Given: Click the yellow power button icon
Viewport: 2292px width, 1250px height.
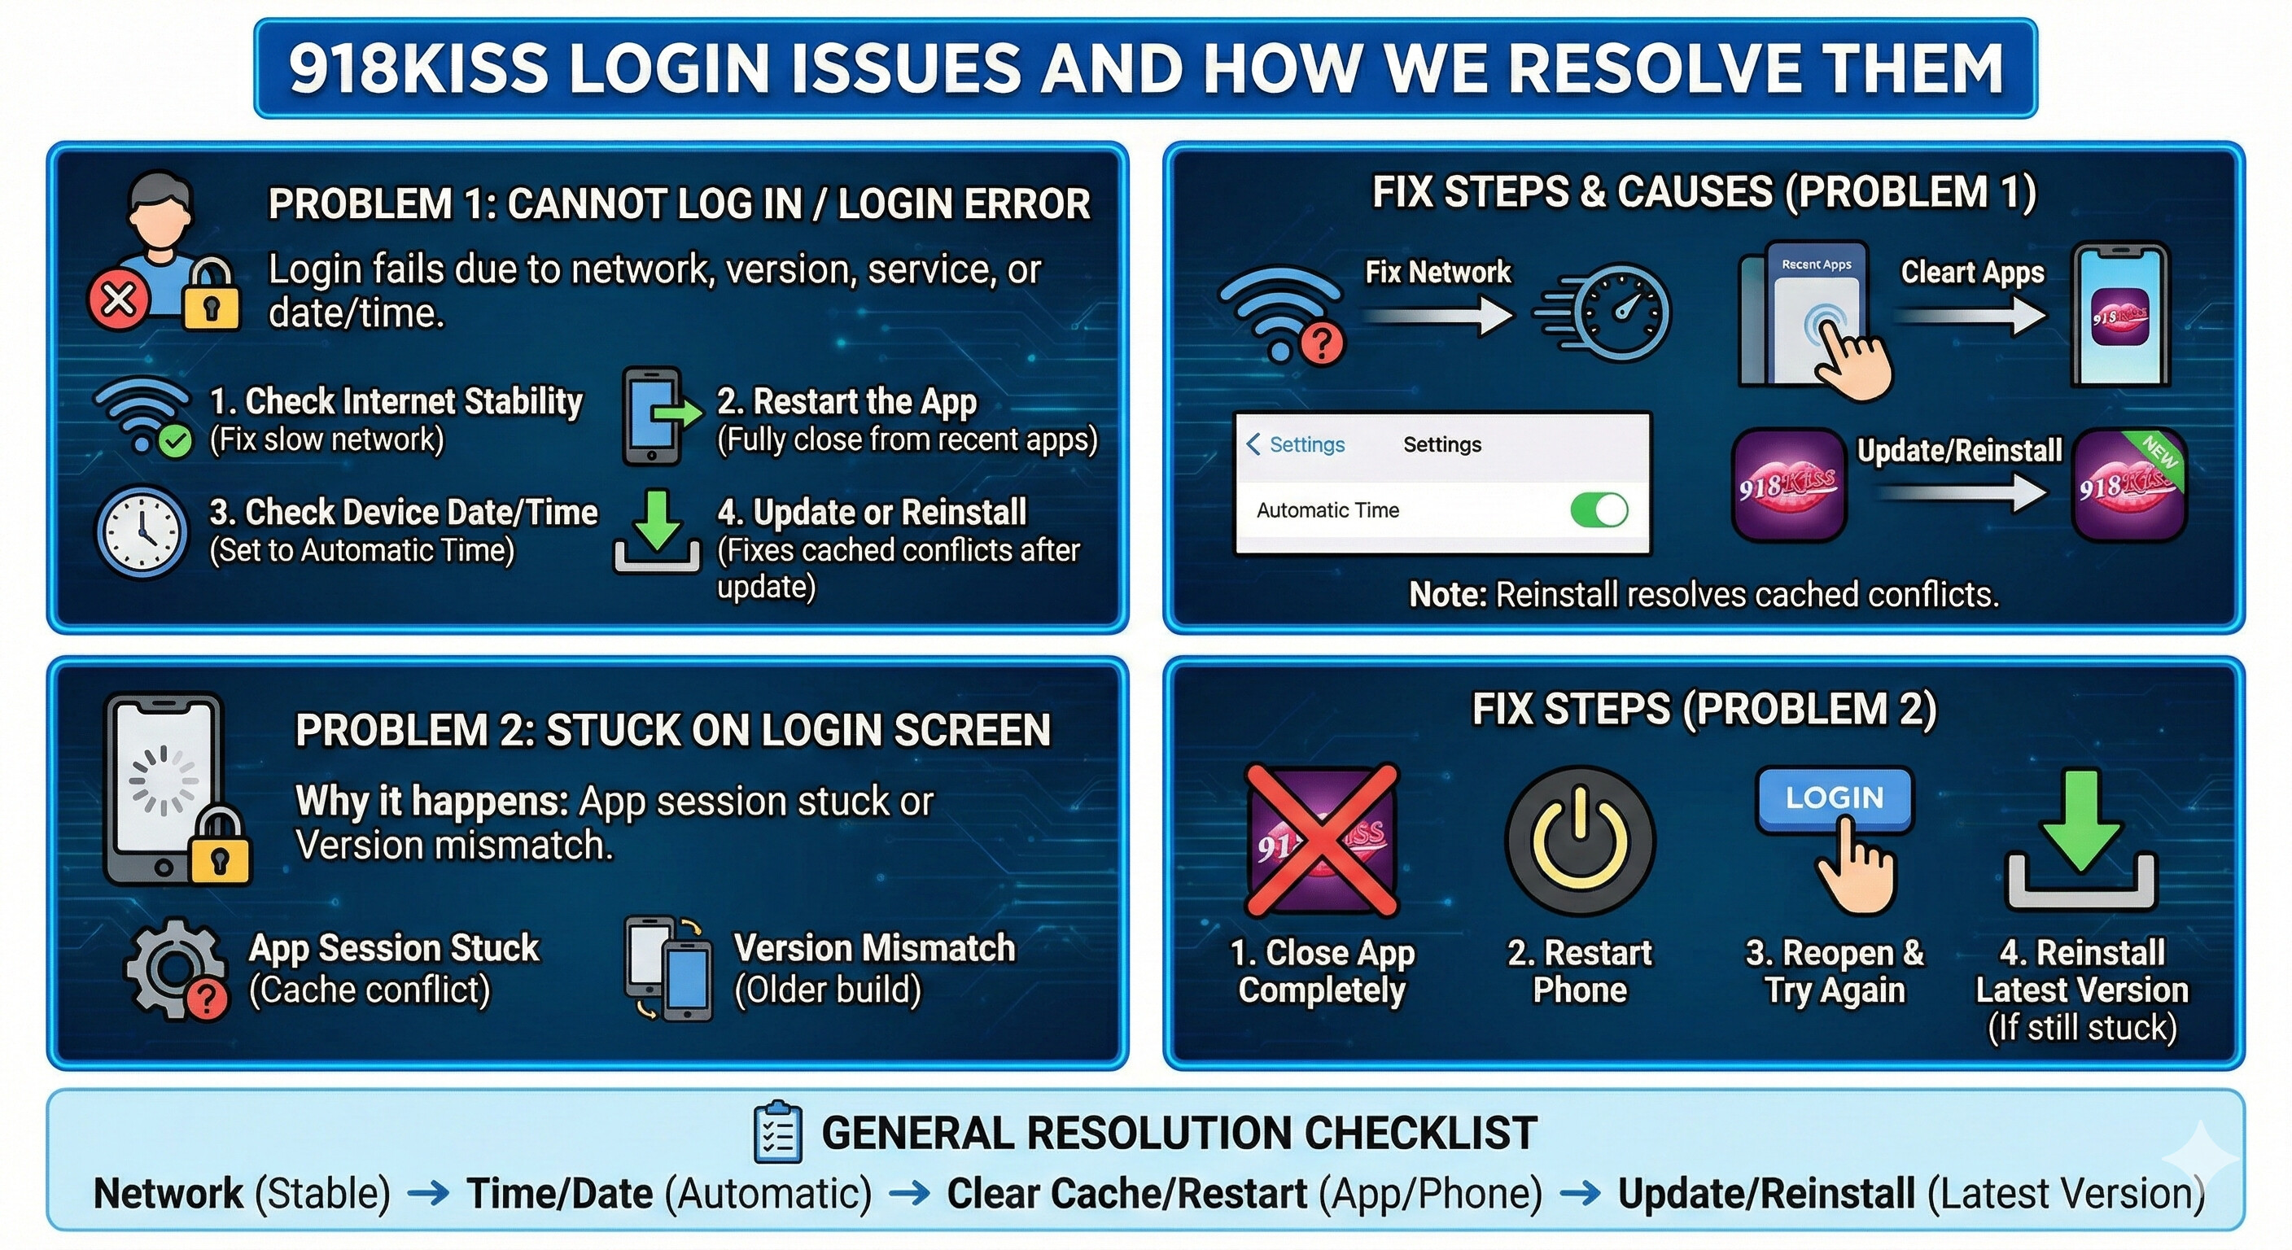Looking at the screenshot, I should (1579, 840).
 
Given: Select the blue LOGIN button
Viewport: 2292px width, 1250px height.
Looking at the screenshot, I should (1835, 798).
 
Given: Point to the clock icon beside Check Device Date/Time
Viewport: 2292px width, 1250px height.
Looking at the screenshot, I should (142, 532).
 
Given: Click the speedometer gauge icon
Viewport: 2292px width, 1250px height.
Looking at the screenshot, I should (1621, 313).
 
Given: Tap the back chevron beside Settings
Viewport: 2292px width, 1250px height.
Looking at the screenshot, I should (1253, 444).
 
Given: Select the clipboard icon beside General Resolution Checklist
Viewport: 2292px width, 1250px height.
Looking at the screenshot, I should (776, 1133).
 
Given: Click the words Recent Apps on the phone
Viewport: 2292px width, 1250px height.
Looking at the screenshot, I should (1816, 264).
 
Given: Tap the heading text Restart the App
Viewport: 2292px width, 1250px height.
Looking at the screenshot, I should (846, 401).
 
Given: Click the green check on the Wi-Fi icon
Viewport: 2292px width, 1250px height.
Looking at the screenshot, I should (175, 441).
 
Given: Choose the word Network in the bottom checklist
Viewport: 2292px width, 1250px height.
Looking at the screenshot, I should (168, 1194).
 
